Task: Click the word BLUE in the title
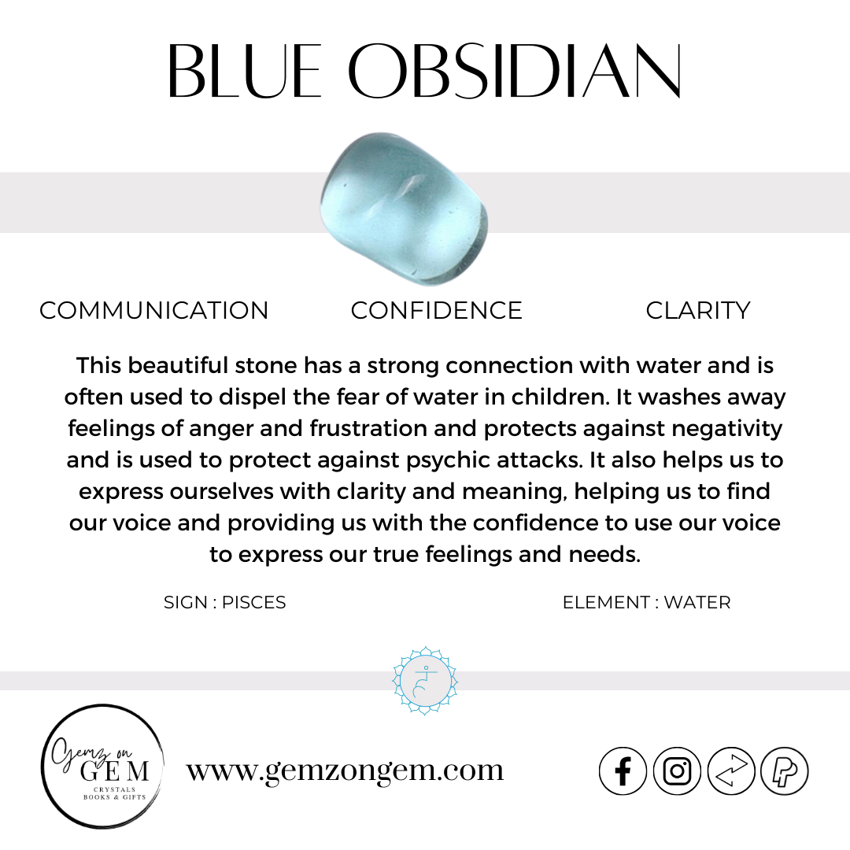245,71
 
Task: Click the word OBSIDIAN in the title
514,71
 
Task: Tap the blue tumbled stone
405,209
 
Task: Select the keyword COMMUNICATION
154,311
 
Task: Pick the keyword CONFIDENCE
436,311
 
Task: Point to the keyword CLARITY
698,311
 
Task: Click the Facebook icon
623,771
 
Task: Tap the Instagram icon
677,771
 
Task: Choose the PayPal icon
785,771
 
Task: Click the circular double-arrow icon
731,771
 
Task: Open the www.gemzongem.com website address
346,771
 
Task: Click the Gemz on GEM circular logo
102,766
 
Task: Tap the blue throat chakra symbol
425,680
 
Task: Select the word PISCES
253,602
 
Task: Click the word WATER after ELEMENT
697,602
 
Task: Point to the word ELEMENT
606,602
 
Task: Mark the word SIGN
186,602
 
